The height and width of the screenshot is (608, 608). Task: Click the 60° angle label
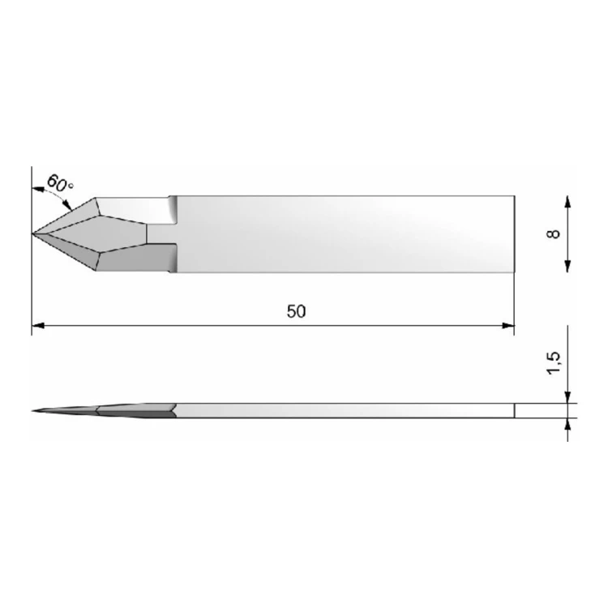tap(60, 183)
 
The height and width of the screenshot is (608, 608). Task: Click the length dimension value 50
tap(296, 311)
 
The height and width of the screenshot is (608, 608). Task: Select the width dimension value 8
tap(554, 233)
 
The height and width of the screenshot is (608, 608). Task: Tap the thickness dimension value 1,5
tap(554, 363)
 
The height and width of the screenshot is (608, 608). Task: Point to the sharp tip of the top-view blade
tap(32, 233)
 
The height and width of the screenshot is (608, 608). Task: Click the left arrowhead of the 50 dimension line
tap(37, 326)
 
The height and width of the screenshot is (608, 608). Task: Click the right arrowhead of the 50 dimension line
tap(508, 326)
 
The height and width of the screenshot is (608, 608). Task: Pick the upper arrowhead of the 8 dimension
tap(567, 202)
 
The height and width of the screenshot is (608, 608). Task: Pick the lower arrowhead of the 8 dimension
tap(567, 266)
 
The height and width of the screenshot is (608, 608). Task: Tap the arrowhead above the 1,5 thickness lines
tap(567, 397)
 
